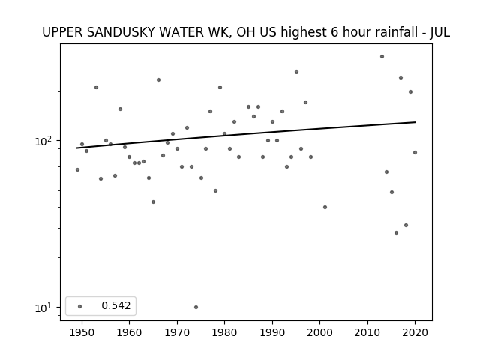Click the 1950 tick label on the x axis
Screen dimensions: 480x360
point(82,332)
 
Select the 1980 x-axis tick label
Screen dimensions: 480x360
point(224,332)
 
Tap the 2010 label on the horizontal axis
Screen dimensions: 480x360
point(367,332)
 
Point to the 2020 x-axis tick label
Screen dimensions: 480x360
point(415,332)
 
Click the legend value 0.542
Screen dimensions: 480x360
point(116,305)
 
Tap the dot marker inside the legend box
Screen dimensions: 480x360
point(80,306)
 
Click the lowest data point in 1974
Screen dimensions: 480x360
point(196,307)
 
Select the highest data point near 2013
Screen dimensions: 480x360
point(382,57)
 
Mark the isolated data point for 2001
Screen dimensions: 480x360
point(325,207)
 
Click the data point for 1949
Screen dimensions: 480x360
point(77,170)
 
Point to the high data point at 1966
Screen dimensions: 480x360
point(158,80)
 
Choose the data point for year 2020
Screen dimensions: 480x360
point(415,152)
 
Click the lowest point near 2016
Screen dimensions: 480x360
point(397,233)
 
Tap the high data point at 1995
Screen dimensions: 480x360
point(297,72)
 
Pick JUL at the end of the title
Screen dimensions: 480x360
point(440,32)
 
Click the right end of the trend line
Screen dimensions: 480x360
point(415,122)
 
